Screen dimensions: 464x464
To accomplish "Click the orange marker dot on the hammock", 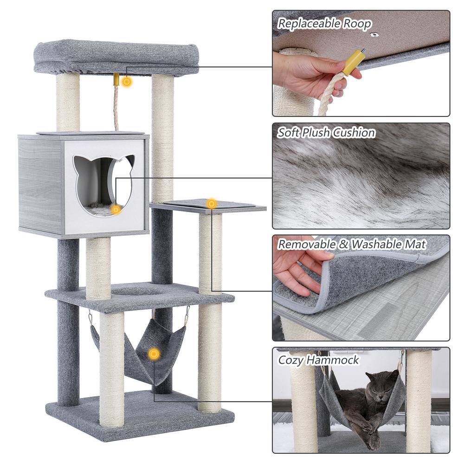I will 154,354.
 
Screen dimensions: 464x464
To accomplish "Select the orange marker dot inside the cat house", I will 116,210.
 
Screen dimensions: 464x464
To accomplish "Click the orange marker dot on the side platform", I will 212,203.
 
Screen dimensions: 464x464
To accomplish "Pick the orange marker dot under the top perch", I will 126,82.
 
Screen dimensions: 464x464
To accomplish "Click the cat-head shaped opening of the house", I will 103,183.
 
